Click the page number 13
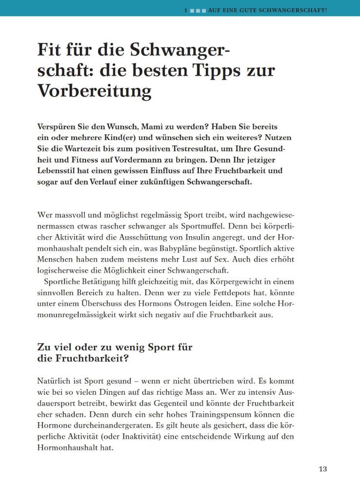click(x=322, y=469)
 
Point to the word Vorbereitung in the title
click(x=94, y=91)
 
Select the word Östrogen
click(x=180, y=304)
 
